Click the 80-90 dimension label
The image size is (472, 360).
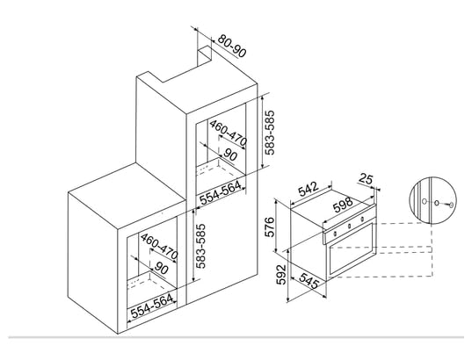pyautogui.click(x=232, y=46)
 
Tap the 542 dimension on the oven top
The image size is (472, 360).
pyautogui.click(x=309, y=189)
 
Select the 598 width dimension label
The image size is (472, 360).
pyautogui.click(x=343, y=205)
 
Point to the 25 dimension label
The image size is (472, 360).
pyautogui.click(x=366, y=179)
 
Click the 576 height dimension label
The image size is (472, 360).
pyautogui.click(x=270, y=227)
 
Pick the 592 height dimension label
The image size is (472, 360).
pyautogui.click(x=281, y=274)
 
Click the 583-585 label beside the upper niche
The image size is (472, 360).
pyautogui.click(x=270, y=133)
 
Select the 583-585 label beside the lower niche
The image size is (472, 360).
pyautogui.click(x=200, y=246)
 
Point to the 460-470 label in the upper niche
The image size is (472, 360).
pyautogui.click(x=229, y=133)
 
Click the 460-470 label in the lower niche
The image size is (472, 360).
pyautogui.click(x=159, y=246)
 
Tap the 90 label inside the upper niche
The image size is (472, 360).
pyautogui.click(x=230, y=155)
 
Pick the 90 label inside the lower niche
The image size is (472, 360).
pyautogui.click(x=162, y=269)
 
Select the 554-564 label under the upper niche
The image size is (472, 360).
pyautogui.click(x=221, y=192)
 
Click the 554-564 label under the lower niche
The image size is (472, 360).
pyautogui.click(x=152, y=306)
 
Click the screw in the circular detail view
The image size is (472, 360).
pyautogui.click(x=450, y=205)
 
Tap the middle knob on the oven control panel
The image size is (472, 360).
pyautogui.click(x=349, y=226)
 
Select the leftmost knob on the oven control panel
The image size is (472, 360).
pyautogui.click(x=334, y=233)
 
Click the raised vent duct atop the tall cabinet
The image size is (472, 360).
pyautogui.click(x=205, y=56)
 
